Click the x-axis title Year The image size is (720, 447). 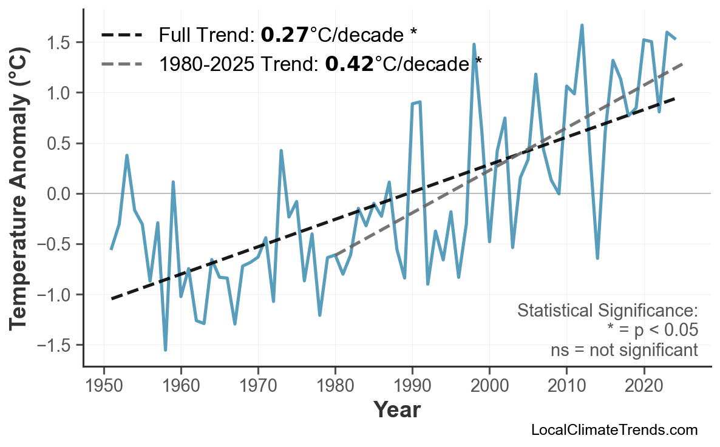pyautogui.click(x=396, y=411)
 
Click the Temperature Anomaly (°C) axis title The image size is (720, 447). pyautogui.click(x=20, y=194)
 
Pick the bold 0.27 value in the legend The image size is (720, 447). pyautogui.click(x=285, y=35)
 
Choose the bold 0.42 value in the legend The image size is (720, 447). pyautogui.click(x=350, y=63)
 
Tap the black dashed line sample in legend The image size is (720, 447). pyautogui.click(x=122, y=35)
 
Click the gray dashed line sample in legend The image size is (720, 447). pyautogui.click(x=122, y=63)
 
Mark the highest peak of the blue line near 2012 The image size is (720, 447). pyautogui.click(x=582, y=25)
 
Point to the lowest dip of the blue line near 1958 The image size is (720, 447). pyautogui.click(x=165, y=350)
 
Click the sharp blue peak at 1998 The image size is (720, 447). pyautogui.click(x=474, y=44)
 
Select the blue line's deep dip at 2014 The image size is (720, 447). pyautogui.click(x=597, y=258)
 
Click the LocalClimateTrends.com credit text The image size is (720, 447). pyautogui.click(x=614, y=430)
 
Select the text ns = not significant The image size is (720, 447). pyautogui.click(x=624, y=350)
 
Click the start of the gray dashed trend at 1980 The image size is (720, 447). pyautogui.click(x=335, y=255)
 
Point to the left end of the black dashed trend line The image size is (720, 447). pyautogui.click(x=112, y=298)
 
